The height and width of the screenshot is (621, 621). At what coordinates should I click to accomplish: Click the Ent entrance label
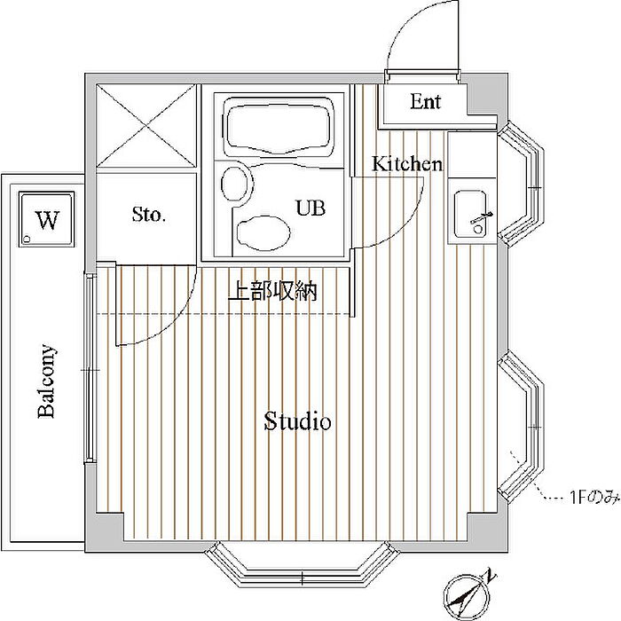click(425, 101)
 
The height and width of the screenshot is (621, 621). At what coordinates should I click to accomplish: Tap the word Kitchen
click(406, 163)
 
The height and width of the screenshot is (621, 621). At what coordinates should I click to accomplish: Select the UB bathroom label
click(310, 208)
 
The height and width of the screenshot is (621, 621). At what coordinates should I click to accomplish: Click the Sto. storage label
click(148, 215)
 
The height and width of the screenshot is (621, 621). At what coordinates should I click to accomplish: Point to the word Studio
click(297, 421)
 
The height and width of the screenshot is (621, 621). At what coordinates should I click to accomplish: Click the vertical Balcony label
click(46, 381)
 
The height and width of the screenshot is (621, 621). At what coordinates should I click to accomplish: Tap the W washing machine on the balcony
click(47, 219)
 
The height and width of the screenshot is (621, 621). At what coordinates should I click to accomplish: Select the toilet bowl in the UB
click(263, 233)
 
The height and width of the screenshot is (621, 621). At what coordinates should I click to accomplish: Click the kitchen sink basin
click(470, 214)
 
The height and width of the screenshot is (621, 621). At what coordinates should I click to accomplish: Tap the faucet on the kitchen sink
click(481, 219)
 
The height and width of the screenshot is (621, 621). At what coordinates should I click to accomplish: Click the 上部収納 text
click(273, 292)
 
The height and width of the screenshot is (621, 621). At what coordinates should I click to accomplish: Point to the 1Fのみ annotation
click(594, 497)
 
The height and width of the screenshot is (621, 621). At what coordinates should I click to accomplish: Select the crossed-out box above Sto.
click(146, 126)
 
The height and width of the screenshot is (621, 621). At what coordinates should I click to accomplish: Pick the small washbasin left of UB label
click(237, 185)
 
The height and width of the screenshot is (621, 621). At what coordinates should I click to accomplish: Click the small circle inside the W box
click(28, 239)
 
